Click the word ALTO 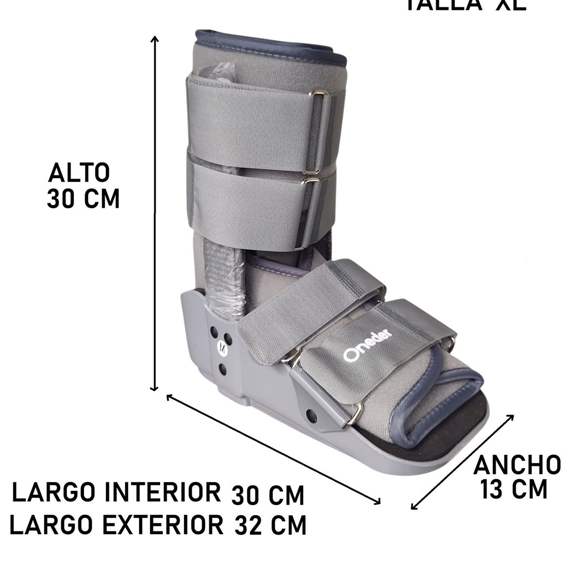tap(79, 173)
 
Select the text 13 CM tap(514, 490)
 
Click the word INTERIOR tap(164, 493)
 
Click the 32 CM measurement tap(271, 526)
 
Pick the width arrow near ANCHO tap(463, 461)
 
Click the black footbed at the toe tap(469, 410)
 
